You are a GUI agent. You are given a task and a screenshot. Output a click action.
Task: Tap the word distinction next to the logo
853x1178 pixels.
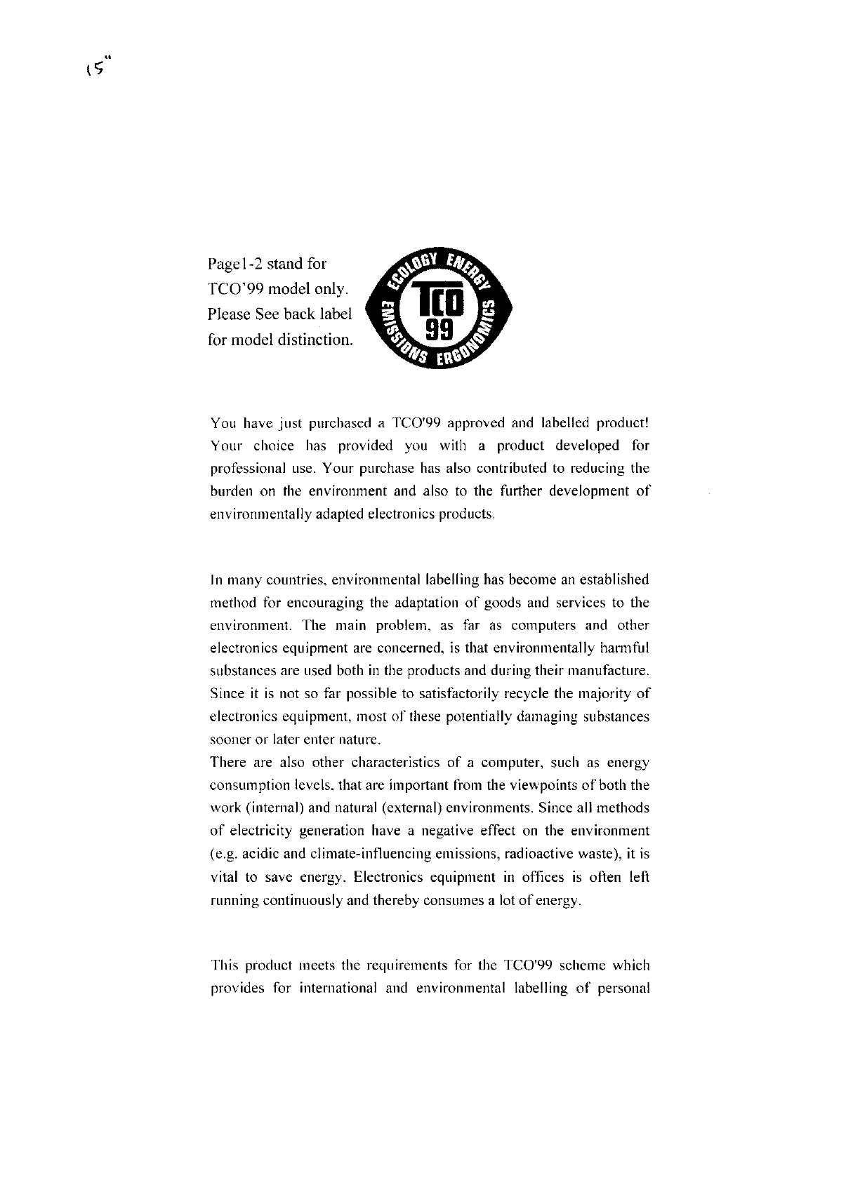[316, 340]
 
